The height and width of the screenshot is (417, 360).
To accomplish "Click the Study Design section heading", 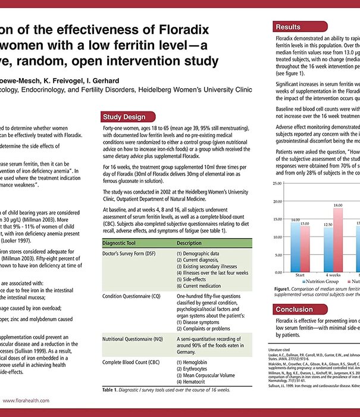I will point(123,117).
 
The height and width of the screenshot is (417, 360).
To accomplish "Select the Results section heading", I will point(288,27).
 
